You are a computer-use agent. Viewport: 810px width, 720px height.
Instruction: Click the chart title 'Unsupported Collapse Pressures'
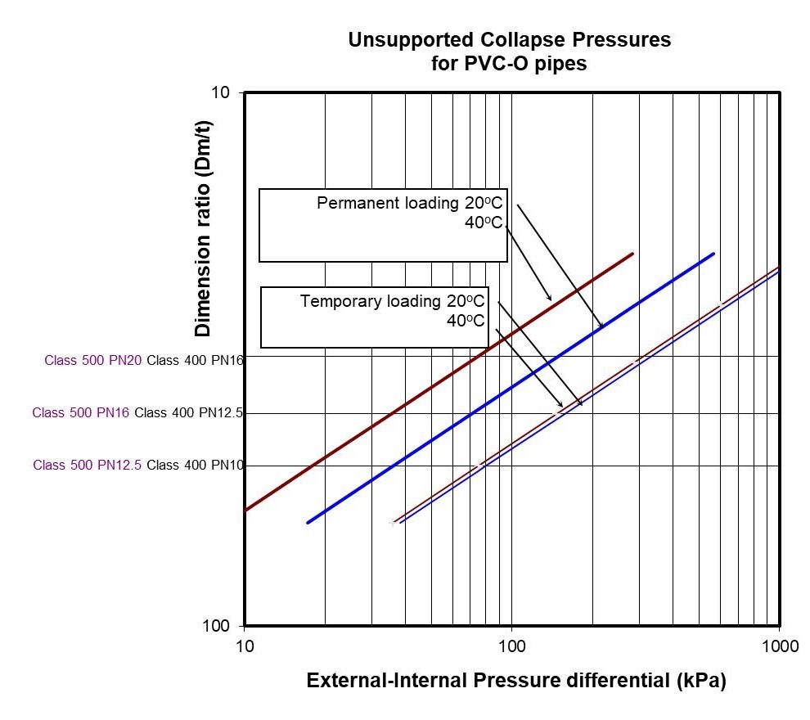click(509, 39)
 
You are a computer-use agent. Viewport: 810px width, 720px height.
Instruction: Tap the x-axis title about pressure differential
click(515, 681)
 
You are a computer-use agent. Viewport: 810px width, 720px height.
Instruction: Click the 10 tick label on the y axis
click(221, 92)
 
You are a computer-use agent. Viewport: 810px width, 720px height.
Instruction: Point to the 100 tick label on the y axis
click(216, 626)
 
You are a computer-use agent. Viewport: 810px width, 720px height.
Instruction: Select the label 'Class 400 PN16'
click(195, 358)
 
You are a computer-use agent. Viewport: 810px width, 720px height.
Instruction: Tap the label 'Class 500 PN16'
click(81, 413)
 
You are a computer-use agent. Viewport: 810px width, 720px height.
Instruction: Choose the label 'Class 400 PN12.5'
click(189, 413)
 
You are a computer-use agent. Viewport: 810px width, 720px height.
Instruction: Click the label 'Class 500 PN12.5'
click(88, 466)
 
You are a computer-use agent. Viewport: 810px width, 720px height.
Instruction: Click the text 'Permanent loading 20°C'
click(409, 204)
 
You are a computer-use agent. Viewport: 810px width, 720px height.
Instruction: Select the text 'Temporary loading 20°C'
click(393, 301)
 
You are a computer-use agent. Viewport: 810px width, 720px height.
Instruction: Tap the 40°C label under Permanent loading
click(484, 223)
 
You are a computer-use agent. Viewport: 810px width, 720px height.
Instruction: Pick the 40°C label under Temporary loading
click(466, 321)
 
